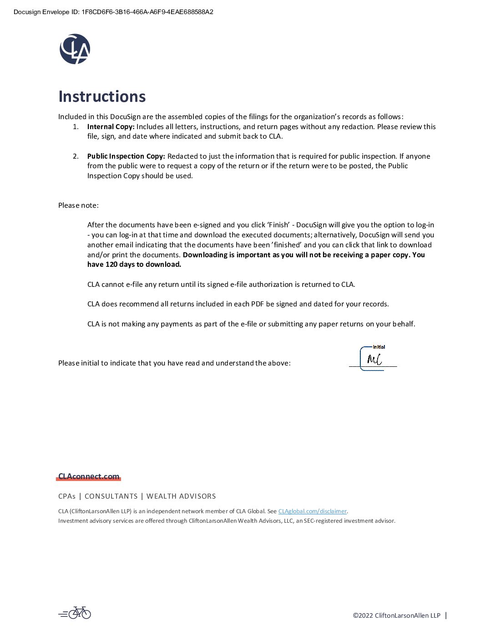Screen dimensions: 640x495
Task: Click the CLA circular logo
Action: point(75,49)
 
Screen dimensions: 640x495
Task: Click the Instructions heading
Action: point(102,96)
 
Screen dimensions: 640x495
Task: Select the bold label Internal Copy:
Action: point(111,127)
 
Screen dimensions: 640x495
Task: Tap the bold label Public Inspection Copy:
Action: point(126,156)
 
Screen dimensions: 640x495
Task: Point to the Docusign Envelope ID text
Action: point(113,12)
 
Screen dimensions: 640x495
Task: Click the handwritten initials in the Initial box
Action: point(374,360)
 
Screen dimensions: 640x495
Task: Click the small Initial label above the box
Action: point(379,347)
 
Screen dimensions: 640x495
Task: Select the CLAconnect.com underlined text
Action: point(89,476)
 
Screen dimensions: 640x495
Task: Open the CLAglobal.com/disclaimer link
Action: point(312,511)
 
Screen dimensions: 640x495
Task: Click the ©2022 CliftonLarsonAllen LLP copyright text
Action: point(396,615)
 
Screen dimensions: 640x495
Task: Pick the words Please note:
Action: point(78,205)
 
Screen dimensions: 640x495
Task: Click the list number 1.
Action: point(76,127)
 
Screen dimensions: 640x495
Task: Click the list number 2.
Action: point(76,156)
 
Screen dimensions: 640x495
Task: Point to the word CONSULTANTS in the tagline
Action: point(111,496)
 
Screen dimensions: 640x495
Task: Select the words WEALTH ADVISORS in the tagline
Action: point(181,496)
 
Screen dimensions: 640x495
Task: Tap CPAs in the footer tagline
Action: point(67,496)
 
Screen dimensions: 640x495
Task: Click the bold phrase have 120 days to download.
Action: point(134,265)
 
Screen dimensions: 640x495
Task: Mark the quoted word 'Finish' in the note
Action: point(278,225)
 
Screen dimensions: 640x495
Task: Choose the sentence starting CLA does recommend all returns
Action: point(238,304)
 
